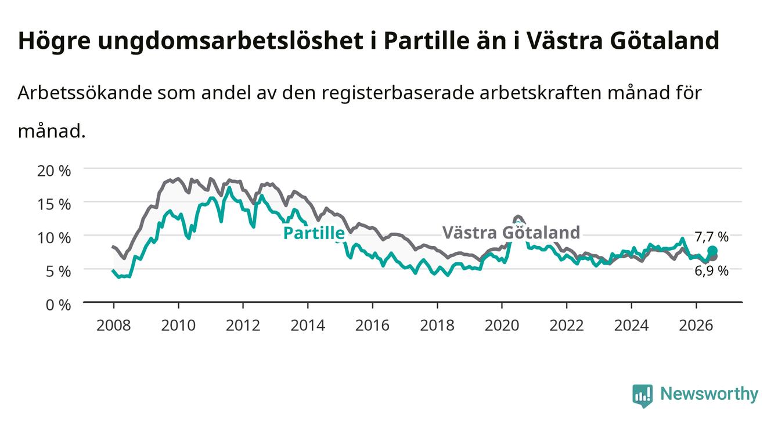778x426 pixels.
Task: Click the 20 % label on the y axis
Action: pos(54,171)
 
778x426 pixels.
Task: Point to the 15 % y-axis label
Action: pos(54,204)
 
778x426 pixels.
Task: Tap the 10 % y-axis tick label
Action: pos(54,238)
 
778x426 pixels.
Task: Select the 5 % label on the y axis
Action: pos(58,272)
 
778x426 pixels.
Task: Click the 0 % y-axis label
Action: pos(58,305)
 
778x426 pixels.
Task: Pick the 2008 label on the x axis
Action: pos(114,326)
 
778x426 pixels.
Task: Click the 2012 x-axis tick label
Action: pos(243,326)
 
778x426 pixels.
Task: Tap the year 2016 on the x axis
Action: pos(372,326)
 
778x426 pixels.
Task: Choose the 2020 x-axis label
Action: pos(502,326)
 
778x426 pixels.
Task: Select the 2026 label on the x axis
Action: pos(696,326)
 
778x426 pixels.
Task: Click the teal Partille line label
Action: pos(314,233)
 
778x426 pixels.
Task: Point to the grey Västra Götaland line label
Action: pos(512,232)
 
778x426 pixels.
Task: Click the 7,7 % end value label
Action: pos(711,237)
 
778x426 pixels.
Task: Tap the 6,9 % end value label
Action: pos(711,271)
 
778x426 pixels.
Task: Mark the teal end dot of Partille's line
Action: pos(712,251)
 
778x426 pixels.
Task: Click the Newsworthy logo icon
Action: pos(643,395)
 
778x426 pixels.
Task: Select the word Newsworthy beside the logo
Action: pos(709,393)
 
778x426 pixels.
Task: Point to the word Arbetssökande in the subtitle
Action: pos(85,93)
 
